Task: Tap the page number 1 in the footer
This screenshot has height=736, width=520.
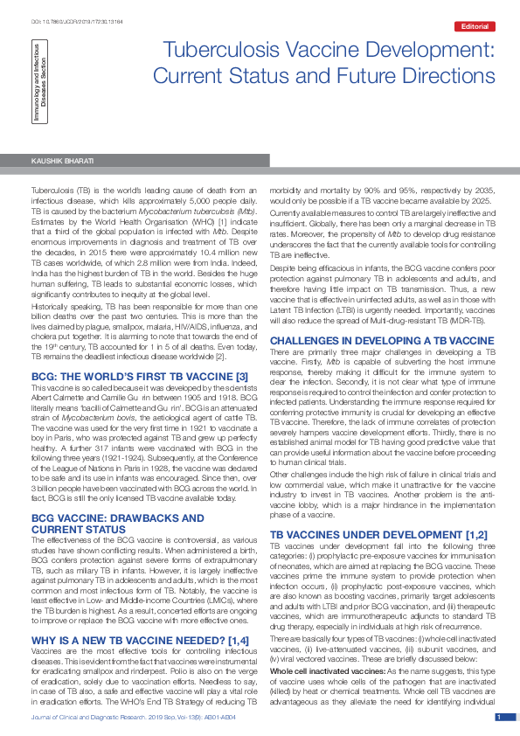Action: pyautogui.click(x=498, y=717)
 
